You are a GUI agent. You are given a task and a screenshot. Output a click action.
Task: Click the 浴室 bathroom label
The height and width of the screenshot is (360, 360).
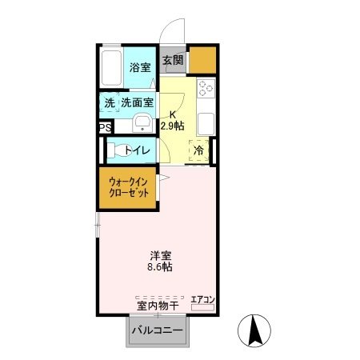(x=140, y=67)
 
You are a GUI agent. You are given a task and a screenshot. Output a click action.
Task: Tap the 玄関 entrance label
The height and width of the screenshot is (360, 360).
(x=172, y=60)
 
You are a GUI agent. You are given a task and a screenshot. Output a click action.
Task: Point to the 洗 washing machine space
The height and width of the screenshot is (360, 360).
(x=109, y=103)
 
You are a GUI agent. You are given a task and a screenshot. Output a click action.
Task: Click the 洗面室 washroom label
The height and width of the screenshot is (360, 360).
(x=138, y=103)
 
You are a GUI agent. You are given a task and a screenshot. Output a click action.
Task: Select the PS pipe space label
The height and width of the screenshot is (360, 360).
(x=105, y=127)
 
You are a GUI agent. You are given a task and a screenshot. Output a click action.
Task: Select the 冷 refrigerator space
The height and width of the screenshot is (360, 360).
(x=198, y=150)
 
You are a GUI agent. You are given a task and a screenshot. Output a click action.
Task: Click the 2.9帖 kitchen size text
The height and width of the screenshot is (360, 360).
(x=172, y=126)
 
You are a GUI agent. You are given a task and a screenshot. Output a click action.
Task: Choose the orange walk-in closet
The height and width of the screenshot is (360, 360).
(x=129, y=188)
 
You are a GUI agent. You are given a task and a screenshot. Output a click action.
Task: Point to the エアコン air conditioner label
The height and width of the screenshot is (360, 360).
(x=203, y=299)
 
